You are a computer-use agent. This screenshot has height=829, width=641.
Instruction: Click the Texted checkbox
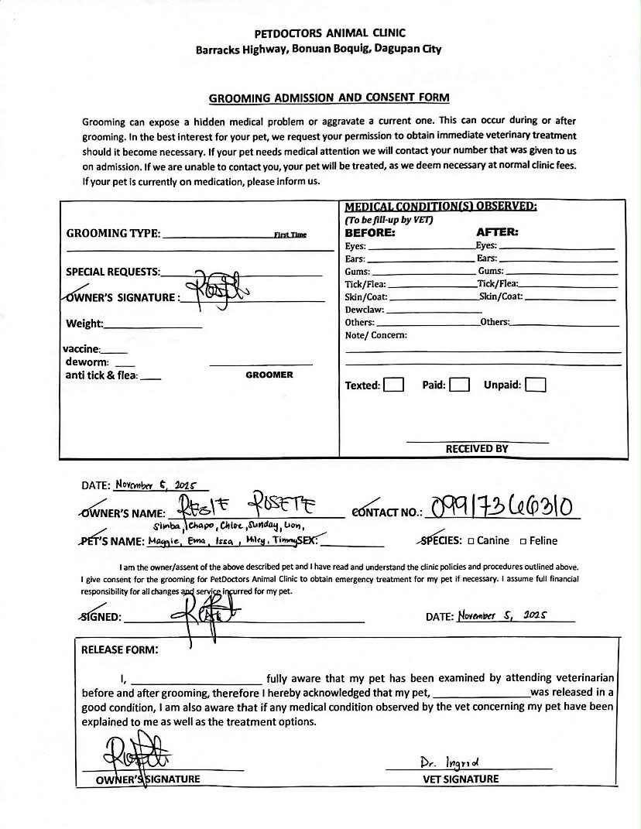(x=394, y=385)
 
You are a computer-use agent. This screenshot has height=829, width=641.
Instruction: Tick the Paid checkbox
(x=460, y=385)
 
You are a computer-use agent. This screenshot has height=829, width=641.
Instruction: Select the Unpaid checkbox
(x=536, y=385)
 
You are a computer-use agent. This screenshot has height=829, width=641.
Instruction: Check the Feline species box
(x=524, y=541)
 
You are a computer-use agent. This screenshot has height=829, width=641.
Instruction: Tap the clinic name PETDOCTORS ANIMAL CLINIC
(x=330, y=33)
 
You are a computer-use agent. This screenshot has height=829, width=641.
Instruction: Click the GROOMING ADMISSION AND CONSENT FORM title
(x=329, y=98)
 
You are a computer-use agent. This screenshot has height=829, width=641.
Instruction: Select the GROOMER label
(x=269, y=375)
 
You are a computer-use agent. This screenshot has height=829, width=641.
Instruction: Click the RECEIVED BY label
(x=477, y=449)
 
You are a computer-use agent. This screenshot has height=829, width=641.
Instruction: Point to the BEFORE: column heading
(x=369, y=232)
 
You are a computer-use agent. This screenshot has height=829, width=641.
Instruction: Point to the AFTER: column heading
(x=497, y=232)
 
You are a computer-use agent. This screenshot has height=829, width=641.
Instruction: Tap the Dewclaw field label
(x=365, y=310)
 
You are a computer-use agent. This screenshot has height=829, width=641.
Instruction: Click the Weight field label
(x=84, y=324)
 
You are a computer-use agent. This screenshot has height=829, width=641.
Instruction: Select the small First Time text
(x=290, y=235)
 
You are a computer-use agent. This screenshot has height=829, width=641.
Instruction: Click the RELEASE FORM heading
(x=120, y=649)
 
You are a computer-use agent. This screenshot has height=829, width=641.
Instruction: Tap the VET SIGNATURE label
(x=461, y=779)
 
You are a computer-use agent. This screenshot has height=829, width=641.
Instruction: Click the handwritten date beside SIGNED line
(x=502, y=616)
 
